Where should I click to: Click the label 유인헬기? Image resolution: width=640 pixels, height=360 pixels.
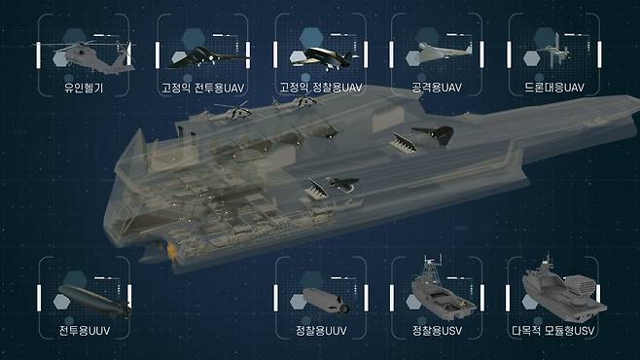tap(84, 88)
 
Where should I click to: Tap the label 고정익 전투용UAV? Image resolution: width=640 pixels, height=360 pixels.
tap(203, 88)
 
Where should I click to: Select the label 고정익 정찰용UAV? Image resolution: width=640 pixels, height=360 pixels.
tap(321, 88)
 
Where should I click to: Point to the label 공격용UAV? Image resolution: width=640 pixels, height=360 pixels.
tap(437, 88)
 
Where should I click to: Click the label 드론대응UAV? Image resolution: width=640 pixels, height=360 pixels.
tap(553, 88)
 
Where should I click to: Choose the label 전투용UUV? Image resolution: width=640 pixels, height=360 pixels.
tap(85, 330)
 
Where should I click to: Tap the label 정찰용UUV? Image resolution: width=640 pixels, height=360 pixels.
tap(321, 330)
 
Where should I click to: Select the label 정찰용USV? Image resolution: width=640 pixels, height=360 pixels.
tap(437, 330)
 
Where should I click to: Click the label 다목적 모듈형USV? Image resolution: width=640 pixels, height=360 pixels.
tap(553, 330)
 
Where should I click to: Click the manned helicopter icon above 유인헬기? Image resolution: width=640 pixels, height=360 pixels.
tap(91, 57)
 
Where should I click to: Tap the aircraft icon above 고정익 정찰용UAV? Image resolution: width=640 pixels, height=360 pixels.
tap(323, 58)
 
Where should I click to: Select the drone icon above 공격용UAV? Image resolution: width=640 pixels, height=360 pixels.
tap(443, 54)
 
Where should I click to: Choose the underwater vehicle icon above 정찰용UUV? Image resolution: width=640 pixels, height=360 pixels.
tap(326, 301)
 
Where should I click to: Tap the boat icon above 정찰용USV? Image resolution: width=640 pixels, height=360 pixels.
tap(442, 293)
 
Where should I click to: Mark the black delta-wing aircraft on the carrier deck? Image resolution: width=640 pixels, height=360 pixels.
tap(435, 134)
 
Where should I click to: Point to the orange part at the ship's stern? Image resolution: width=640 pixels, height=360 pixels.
tap(171, 250)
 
